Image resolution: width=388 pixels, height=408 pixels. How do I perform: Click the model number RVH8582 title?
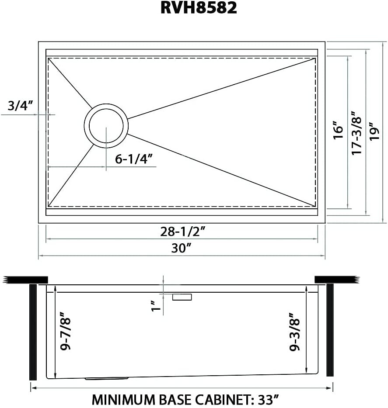194,8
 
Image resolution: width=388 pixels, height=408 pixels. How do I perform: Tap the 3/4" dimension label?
20,106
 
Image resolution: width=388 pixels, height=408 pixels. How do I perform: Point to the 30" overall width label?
182,249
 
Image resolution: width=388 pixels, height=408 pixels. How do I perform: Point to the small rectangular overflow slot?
182,297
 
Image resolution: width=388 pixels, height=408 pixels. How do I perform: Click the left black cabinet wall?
33,332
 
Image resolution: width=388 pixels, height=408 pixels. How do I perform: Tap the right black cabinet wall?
330,330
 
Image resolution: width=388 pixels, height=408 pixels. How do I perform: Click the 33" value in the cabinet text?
268,399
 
